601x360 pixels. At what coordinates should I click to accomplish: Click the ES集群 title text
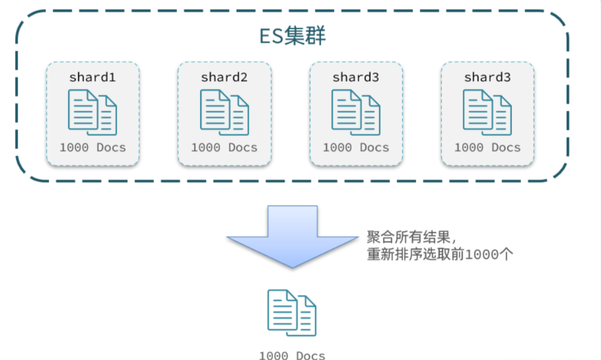(x=292, y=36)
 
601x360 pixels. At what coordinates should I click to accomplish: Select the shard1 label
(x=92, y=77)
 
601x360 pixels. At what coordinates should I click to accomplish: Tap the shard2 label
(x=224, y=77)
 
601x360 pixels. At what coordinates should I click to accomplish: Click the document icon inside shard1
(x=92, y=112)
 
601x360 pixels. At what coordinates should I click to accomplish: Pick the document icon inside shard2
(x=224, y=112)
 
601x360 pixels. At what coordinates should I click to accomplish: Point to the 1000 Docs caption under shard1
(x=92, y=148)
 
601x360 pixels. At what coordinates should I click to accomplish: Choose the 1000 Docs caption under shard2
(x=224, y=148)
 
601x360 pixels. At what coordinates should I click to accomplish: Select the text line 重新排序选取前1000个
(x=440, y=255)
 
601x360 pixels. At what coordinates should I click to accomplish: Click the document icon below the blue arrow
(x=292, y=312)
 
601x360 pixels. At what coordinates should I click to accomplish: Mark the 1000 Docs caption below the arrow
(x=292, y=355)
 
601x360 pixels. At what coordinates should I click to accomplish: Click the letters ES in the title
(x=271, y=36)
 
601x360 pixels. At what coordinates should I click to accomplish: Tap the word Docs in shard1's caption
(x=111, y=148)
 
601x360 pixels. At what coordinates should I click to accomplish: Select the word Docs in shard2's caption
(x=243, y=148)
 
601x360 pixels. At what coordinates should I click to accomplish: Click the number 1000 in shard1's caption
(x=73, y=148)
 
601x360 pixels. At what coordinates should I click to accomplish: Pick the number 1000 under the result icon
(x=273, y=355)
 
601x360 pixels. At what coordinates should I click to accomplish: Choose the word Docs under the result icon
(x=311, y=355)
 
